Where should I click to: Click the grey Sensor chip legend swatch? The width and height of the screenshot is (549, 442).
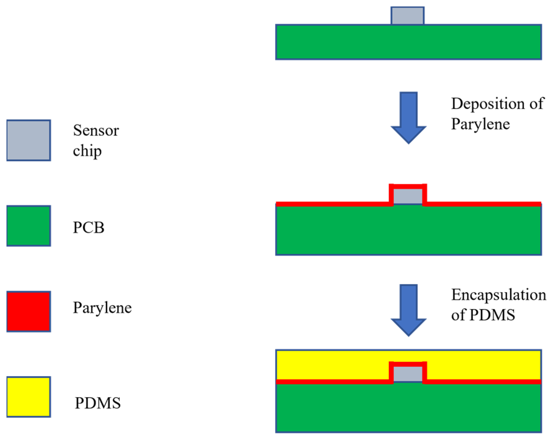coord(29,140)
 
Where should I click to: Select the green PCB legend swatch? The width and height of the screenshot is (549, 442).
coord(29,226)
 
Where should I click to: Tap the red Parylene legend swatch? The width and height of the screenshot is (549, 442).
coord(29,312)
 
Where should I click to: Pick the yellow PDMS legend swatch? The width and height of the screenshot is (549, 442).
coord(29,397)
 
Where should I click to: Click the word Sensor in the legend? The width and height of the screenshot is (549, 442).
coord(96,130)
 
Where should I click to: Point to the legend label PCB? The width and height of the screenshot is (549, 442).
coord(89,227)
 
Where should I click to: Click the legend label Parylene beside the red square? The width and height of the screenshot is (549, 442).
coord(102,308)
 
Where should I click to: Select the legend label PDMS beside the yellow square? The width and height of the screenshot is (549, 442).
coord(98,403)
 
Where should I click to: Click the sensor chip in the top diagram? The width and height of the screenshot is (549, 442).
coord(407,16)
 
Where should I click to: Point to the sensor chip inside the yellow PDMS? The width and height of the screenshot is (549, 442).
coord(408,374)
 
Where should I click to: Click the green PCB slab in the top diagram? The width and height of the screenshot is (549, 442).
coord(408,42)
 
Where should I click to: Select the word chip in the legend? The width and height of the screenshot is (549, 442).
coord(87,151)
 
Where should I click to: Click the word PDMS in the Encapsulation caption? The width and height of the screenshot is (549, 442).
coord(492,315)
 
